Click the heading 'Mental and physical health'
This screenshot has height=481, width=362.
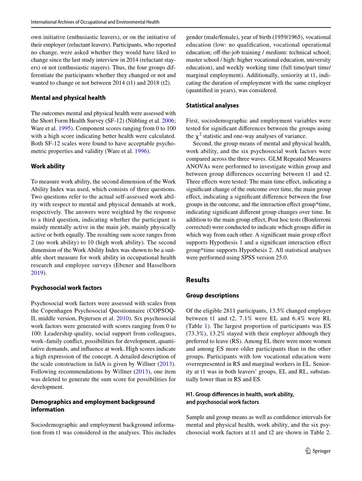point(68,98)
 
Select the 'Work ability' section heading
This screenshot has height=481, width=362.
point(48,167)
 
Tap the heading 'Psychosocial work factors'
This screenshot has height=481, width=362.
point(66,288)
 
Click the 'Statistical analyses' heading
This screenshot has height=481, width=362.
point(212,106)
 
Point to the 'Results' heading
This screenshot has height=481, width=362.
point(198,280)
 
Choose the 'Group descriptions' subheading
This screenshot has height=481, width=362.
point(212,296)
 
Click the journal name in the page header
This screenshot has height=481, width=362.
point(95,22)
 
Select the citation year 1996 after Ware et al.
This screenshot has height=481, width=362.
point(141,151)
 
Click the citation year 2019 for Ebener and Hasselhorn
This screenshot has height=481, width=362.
point(37,273)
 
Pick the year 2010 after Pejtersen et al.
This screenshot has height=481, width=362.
point(122,318)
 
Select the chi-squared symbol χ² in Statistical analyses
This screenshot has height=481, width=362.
point(198,136)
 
